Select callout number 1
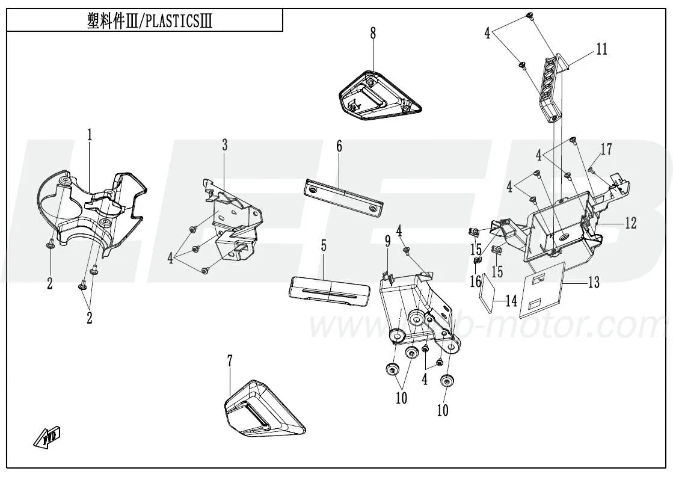coord(90,135)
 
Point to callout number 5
coord(323,245)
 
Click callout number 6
coord(339,146)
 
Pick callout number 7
coord(230,360)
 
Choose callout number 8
coord(373,33)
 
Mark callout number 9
coord(388,242)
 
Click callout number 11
coord(601,50)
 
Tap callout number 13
coord(594,282)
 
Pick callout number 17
coord(606,147)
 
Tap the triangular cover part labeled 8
coord(376,97)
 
